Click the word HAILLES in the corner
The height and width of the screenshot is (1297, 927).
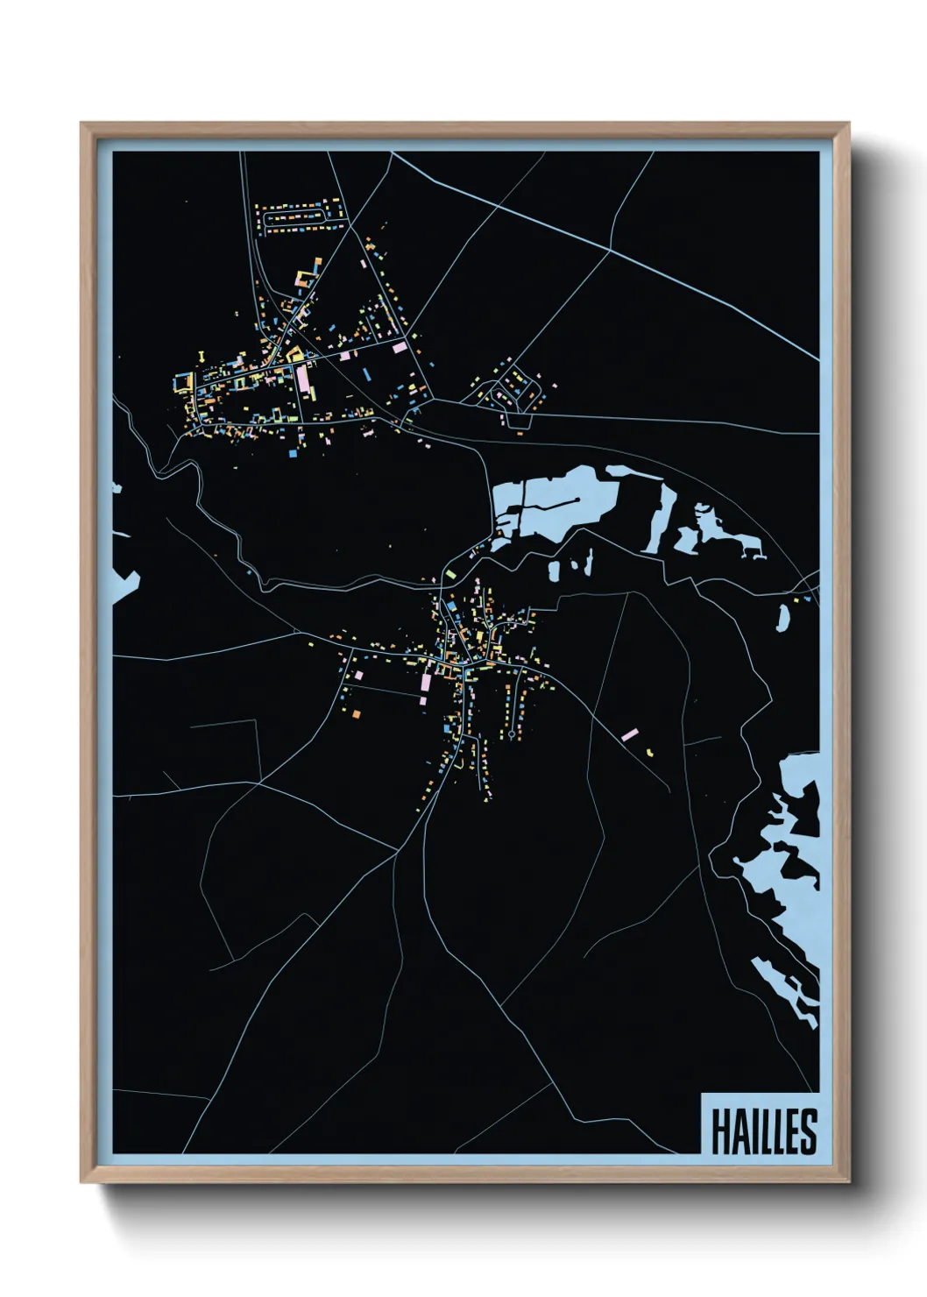[763, 1130]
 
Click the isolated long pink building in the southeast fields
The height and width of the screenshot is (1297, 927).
[629, 734]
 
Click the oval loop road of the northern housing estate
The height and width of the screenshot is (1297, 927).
[299, 215]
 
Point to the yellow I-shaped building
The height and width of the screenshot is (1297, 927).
[202, 356]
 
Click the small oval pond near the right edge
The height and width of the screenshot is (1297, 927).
[783, 617]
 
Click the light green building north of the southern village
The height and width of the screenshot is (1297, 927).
[450, 573]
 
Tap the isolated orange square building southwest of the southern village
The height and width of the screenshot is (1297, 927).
[357, 717]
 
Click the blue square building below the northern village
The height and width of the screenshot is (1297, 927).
[291, 455]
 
